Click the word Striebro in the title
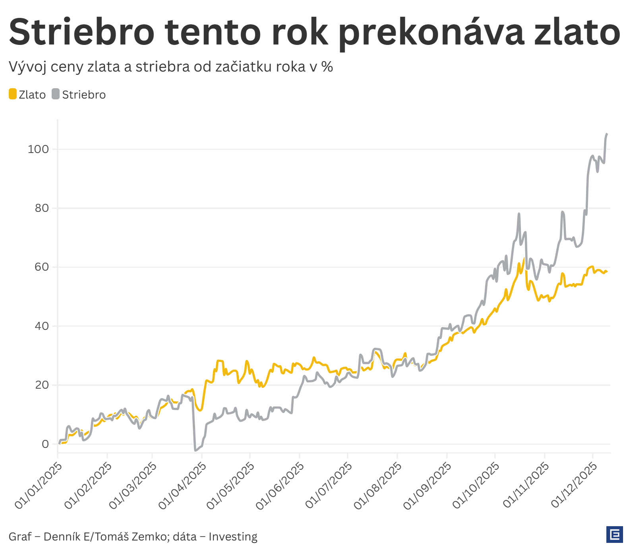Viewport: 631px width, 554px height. pyautogui.click(x=82, y=32)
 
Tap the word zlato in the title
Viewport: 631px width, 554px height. pyautogui.click(x=577, y=32)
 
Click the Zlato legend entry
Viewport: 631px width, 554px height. pyautogui.click(x=27, y=95)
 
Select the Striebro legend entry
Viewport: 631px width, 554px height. pyautogui.click(x=79, y=95)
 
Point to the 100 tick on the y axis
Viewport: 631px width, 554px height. pyautogui.click(x=38, y=149)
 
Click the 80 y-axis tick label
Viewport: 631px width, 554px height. pyautogui.click(x=42, y=208)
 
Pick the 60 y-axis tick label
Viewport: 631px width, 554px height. pyautogui.click(x=42, y=267)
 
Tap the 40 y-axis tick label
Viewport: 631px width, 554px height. pyautogui.click(x=42, y=326)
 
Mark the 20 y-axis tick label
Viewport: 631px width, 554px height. pyautogui.click(x=42, y=385)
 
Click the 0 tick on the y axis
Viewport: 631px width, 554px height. pyautogui.click(x=45, y=444)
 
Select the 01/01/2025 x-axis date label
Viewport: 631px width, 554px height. pyautogui.click(x=38, y=486)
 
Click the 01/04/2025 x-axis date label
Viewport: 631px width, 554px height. pyautogui.click(x=182, y=486)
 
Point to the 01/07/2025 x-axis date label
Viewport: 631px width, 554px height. pyautogui.click(x=328, y=486)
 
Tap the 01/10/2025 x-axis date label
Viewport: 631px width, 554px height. pyautogui.click(x=476, y=486)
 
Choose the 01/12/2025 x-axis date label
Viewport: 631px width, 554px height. pyautogui.click(x=574, y=486)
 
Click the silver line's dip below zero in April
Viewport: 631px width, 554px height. pyautogui.click(x=195, y=450)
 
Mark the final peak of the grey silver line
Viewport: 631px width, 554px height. pyautogui.click(x=606, y=134)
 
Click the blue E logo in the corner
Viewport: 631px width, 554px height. pyautogui.click(x=614, y=535)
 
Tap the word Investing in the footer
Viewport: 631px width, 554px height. pyautogui.click(x=233, y=537)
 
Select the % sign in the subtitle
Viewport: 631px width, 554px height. pyautogui.click(x=327, y=67)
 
